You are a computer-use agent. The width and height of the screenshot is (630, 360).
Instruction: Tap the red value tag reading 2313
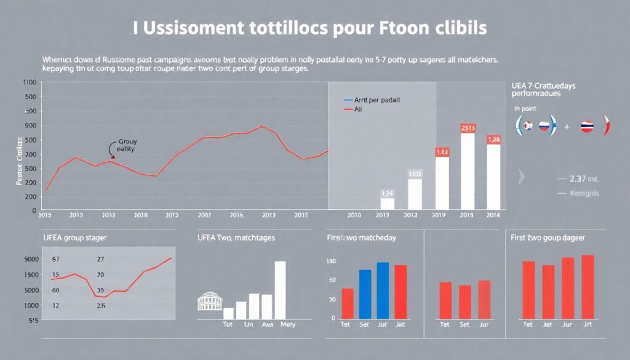coord(468,128)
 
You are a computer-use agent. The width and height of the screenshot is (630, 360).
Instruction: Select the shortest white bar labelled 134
coord(388,203)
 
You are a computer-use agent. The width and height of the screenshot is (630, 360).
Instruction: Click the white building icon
coord(209,302)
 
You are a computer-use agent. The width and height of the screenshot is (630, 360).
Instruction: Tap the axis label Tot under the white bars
coord(228,324)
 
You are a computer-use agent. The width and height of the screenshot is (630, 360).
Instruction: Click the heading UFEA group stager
coord(74,237)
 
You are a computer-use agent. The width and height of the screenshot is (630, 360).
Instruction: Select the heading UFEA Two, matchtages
coord(236,237)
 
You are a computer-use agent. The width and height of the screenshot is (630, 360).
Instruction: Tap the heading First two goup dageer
coord(548,237)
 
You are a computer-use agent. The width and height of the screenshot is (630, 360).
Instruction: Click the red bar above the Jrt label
coord(588,286)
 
